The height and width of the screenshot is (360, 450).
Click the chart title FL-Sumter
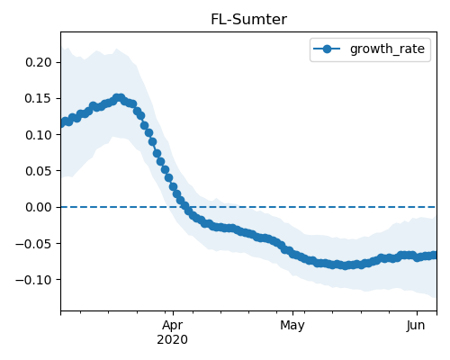[x=248, y=20]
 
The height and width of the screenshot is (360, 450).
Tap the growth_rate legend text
[x=387, y=49]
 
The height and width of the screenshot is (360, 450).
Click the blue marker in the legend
[x=327, y=49]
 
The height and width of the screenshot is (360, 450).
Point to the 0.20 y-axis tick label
[x=39, y=62]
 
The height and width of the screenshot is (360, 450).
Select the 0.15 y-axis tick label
[x=39, y=98]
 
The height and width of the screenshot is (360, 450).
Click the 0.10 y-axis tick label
[x=39, y=135]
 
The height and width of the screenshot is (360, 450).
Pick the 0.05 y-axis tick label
[x=39, y=171]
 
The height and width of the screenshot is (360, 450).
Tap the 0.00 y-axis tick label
[x=39, y=207]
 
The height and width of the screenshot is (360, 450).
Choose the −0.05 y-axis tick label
[x=33, y=243]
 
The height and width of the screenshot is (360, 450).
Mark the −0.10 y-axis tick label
[x=33, y=280]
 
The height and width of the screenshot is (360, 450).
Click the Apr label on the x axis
[x=173, y=326]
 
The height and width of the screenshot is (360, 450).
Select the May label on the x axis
[x=292, y=326]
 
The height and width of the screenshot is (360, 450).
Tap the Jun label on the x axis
[x=416, y=325]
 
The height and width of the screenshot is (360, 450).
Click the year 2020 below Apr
[x=173, y=340]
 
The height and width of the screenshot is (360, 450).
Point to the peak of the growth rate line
[x=119, y=98]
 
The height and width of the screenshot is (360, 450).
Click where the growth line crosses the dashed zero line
[x=185, y=207]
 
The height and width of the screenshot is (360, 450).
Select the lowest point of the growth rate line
[x=346, y=265]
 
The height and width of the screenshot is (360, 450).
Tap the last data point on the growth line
[x=434, y=256]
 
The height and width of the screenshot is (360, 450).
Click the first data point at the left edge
[x=62, y=123]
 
